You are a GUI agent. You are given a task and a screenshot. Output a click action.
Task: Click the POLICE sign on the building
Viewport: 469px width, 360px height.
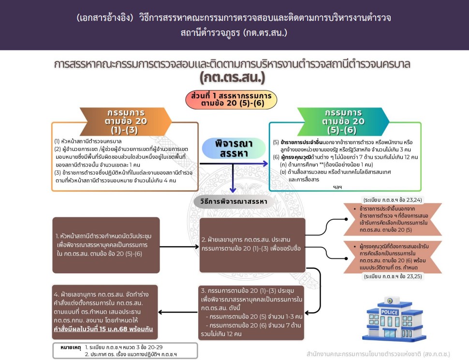389,312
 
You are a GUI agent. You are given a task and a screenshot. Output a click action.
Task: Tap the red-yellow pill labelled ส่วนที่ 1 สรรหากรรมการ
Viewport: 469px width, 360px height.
231,100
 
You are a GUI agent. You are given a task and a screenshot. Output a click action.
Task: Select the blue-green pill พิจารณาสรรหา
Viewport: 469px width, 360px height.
234,148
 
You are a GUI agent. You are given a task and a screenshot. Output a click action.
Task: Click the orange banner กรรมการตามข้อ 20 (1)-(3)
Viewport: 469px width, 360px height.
126,121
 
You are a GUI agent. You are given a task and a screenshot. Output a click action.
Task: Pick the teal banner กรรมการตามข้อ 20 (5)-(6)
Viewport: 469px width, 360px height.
343,121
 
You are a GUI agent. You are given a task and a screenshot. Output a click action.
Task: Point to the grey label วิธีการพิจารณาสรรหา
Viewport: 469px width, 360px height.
234,201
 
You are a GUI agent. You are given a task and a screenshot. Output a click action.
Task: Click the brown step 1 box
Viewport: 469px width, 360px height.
106,245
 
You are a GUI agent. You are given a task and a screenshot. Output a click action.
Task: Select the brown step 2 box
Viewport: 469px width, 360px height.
252,245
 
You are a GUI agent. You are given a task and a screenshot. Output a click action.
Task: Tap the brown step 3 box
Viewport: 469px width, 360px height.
252,313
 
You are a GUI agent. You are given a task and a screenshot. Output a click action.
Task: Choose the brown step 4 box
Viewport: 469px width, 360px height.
105,312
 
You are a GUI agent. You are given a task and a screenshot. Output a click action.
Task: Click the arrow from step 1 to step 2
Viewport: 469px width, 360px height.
179,247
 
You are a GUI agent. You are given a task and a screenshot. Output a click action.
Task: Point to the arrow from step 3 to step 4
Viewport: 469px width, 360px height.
177,313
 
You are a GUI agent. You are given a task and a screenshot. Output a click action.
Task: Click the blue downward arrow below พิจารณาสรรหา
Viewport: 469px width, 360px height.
233,178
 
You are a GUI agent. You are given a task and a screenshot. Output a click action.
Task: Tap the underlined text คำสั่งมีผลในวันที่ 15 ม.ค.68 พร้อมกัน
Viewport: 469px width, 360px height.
103,329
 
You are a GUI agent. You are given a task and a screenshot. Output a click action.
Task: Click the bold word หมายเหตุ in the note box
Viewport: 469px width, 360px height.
71,347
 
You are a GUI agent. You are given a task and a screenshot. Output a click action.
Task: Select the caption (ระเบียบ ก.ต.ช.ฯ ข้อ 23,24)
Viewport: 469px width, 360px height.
393,200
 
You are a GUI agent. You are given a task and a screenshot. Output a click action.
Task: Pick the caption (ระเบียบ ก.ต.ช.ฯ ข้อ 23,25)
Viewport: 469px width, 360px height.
393,276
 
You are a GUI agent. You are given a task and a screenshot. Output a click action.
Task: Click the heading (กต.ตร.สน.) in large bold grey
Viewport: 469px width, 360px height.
233,77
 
